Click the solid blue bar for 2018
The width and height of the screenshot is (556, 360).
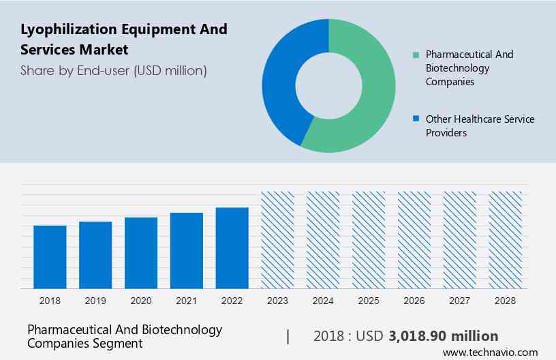pos(50,256)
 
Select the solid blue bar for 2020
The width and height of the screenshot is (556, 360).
pos(141,252)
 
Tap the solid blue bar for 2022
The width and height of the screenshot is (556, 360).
pos(232,247)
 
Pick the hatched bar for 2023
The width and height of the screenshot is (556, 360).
pos(278,239)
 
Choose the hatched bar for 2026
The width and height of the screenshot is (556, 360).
pos(414,239)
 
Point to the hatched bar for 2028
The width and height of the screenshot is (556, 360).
pos(506,239)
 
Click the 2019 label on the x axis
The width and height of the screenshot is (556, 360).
pos(95,300)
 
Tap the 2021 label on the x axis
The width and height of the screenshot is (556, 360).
pos(187,300)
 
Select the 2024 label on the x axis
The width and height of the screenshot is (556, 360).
pos(323,300)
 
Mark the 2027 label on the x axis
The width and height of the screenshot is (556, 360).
pos(460,300)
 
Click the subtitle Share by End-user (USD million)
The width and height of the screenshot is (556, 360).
pos(113,70)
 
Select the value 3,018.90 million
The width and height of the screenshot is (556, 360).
pos(443,336)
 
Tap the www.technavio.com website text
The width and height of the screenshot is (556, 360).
pos(490,352)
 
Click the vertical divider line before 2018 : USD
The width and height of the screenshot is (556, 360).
pos(288,336)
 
